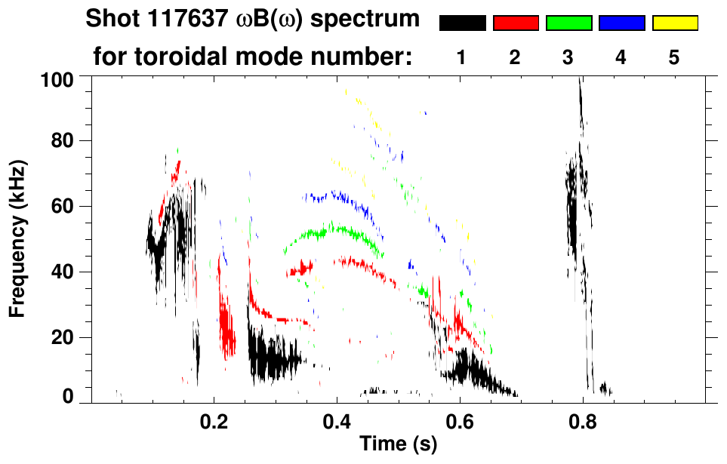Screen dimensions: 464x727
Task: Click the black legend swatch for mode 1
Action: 462,23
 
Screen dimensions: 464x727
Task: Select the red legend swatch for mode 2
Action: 516,23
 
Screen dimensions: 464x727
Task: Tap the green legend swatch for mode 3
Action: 568,23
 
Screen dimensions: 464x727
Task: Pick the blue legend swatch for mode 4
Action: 621,23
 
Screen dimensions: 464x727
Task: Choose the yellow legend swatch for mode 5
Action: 675,23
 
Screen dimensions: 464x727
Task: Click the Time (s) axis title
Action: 397,445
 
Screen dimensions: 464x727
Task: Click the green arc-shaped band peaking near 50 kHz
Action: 332,231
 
